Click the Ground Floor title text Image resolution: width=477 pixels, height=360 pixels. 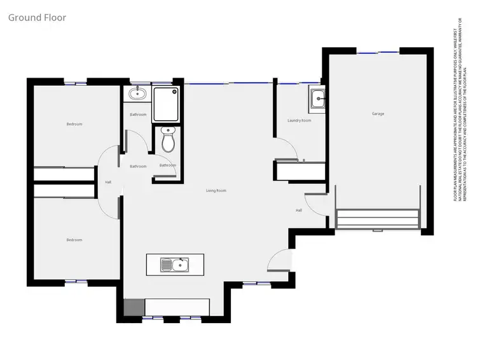(36, 17)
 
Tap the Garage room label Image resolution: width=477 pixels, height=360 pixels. (378, 114)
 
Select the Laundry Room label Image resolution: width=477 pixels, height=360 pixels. (299, 120)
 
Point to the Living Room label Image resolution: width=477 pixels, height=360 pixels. (216, 191)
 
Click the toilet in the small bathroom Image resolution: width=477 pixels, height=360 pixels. (168, 141)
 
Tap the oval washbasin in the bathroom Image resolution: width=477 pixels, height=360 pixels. (137, 95)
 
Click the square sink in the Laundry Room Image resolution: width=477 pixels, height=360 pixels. (317, 98)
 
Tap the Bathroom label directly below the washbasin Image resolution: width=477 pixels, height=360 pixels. (138, 114)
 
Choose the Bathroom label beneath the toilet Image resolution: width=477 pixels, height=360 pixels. (168, 165)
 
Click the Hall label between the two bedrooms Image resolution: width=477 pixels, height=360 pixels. (108, 183)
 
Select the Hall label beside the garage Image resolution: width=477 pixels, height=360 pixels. (298, 210)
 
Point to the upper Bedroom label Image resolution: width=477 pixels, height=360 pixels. (74, 124)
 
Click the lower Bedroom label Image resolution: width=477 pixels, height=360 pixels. (74, 240)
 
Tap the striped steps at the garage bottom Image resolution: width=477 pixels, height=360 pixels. (377, 219)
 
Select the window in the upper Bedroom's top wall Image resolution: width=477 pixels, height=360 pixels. (75, 82)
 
